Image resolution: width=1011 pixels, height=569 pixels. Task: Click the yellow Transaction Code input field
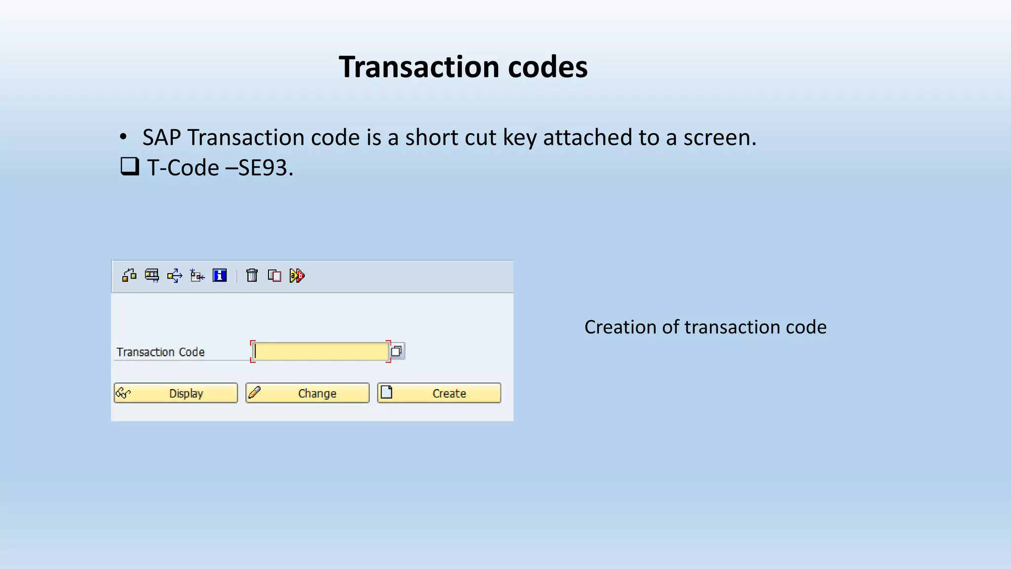(321, 351)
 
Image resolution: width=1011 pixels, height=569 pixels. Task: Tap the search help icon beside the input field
(396, 351)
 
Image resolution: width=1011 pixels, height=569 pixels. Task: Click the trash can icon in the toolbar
(252, 275)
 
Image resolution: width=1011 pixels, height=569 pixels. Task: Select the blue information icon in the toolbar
(220, 275)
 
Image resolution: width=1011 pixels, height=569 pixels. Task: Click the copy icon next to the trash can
(274, 275)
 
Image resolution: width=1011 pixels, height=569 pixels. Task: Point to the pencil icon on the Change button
(255, 393)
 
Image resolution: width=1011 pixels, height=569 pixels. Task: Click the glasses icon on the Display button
(123, 393)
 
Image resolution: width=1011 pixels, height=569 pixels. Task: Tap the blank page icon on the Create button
(387, 392)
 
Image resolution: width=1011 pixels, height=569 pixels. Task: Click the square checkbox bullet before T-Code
(129, 166)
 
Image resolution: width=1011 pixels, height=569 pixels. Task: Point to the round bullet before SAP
(123, 137)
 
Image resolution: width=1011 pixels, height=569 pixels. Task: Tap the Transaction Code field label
(160, 352)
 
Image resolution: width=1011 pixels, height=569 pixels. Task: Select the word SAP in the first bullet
(161, 137)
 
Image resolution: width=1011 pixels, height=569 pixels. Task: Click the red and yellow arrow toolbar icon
(297, 275)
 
